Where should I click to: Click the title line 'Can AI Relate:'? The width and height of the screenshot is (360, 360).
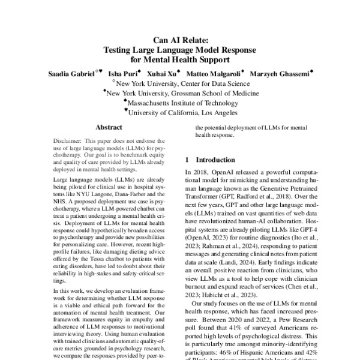click(180, 39)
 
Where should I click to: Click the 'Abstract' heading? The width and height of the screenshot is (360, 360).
click(109, 128)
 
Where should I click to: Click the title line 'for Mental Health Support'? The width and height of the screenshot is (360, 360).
click(180, 59)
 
